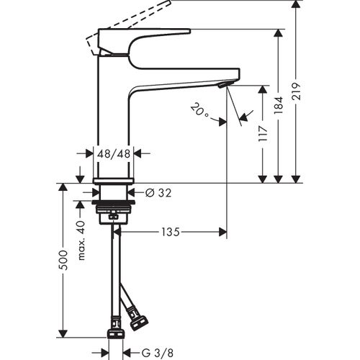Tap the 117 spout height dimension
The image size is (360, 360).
click(x=264, y=133)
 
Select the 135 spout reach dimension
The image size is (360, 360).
click(x=170, y=232)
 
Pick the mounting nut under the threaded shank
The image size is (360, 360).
click(x=113, y=214)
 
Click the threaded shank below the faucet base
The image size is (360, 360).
click(x=113, y=195)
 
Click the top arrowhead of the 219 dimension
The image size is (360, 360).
click(x=294, y=5)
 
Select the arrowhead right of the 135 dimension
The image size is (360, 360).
click(x=222, y=232)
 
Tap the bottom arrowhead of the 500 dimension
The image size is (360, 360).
click(x=63, y=332)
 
